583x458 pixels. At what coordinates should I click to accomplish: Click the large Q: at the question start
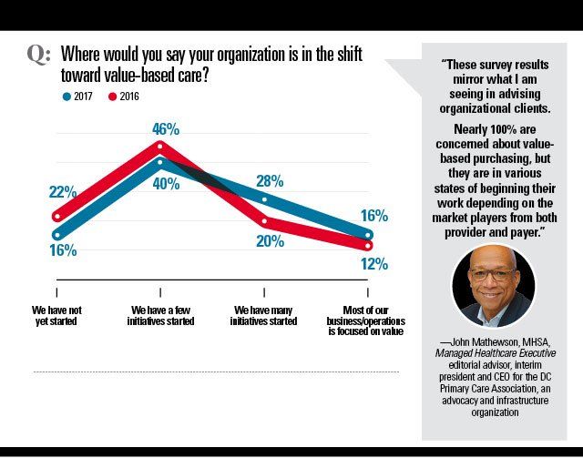click(37, 54)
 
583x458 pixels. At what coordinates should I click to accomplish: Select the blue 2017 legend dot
click(67, 96)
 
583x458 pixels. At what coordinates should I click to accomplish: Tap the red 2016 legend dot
click(113, 96)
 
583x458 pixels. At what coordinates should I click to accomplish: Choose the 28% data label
click(270, 180)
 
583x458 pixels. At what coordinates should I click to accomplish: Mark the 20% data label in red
click(271, 242)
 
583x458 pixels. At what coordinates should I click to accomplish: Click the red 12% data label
click(373, 264)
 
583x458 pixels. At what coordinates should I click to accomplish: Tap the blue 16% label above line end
click(373, 217)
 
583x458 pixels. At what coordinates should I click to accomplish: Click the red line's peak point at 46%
click(160, 145)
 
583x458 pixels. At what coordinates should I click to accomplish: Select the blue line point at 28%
click(264, 199)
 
